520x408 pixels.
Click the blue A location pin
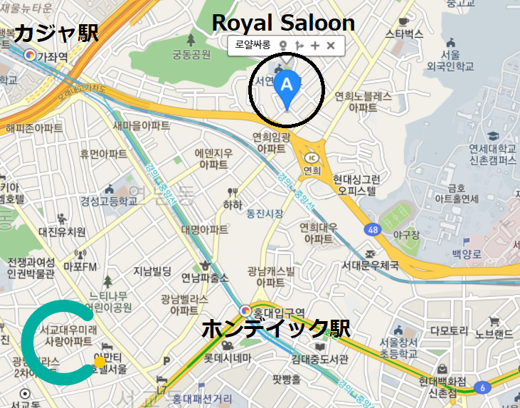(x=287, y=86)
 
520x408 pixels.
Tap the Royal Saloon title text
(x=283, y=22)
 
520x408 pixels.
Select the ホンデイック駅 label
(x=276, y=329)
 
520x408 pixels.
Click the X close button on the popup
(x=331, y=46)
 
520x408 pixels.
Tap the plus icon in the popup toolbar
(x=315, y=46)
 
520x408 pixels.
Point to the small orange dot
(x=100, y=363)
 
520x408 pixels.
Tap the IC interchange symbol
(x=311, y=157)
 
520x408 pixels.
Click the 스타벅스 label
(x=403, y=33)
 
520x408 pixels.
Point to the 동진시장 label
(x=265, y=214)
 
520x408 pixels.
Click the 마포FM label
(x=80, y=267)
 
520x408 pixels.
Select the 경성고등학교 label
(x=109, y=202)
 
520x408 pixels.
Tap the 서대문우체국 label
(x=370, y=266)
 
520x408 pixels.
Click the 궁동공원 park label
(x=191, y=54)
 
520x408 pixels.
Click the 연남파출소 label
(x=205, y=277)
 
